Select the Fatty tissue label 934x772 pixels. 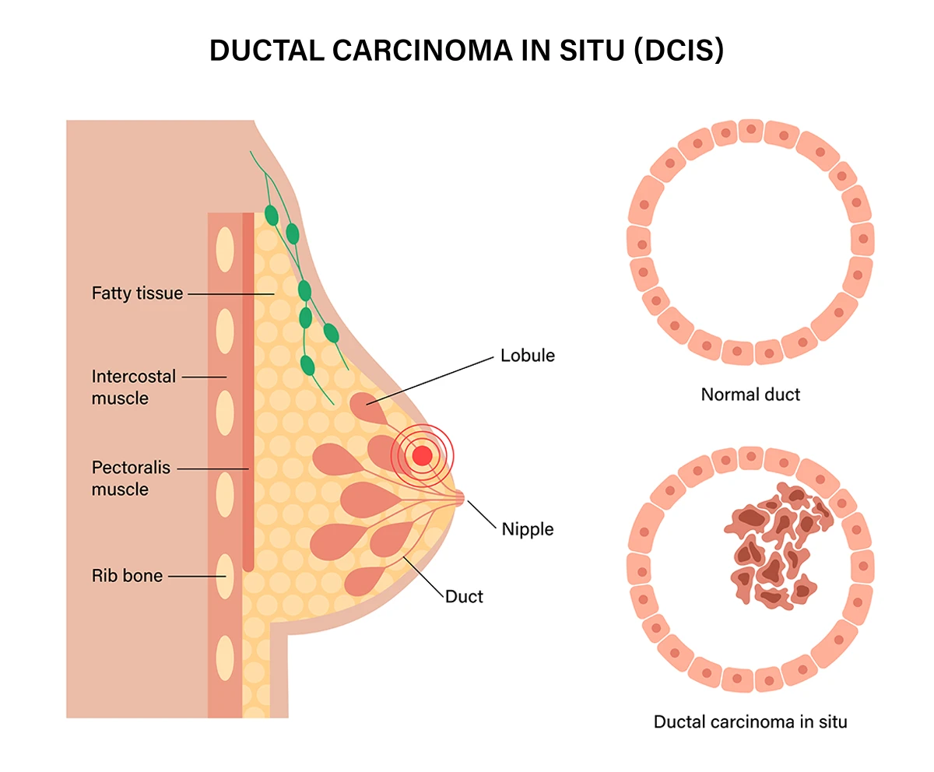137,293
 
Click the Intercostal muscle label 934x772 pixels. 133,388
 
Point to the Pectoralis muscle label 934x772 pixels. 130,479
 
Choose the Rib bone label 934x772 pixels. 127,576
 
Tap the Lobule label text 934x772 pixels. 528,356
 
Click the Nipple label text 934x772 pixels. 528,529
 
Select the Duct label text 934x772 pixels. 464,597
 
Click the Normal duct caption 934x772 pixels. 750,395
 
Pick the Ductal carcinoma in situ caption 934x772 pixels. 750,721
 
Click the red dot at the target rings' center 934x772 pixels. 422,454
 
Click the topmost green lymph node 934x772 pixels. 271,214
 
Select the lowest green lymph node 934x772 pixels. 307,364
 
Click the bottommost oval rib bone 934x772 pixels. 225,658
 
